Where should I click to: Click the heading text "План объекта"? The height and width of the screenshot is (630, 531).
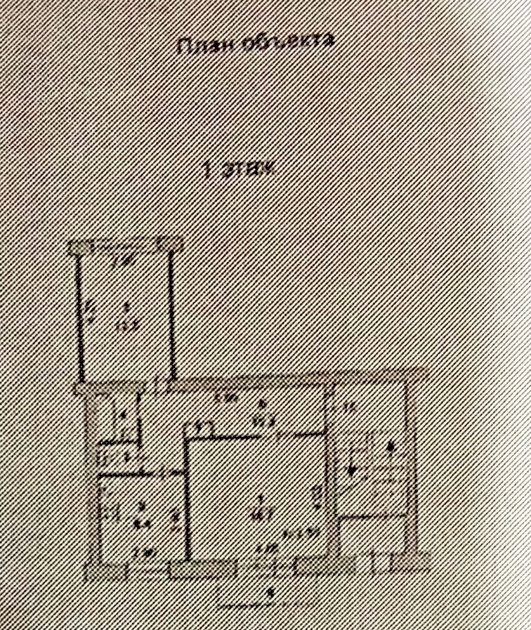[257, 44]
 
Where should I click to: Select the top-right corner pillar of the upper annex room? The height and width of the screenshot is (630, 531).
[170, 243]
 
